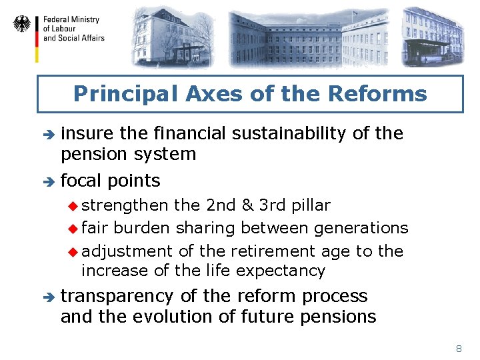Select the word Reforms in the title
[388, 93]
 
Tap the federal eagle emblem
[22, 25]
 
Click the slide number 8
[459, 349]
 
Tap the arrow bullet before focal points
[46, 181]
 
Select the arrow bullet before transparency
[46, 297]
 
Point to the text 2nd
[220, 205]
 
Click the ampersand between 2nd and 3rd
[247, 205]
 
